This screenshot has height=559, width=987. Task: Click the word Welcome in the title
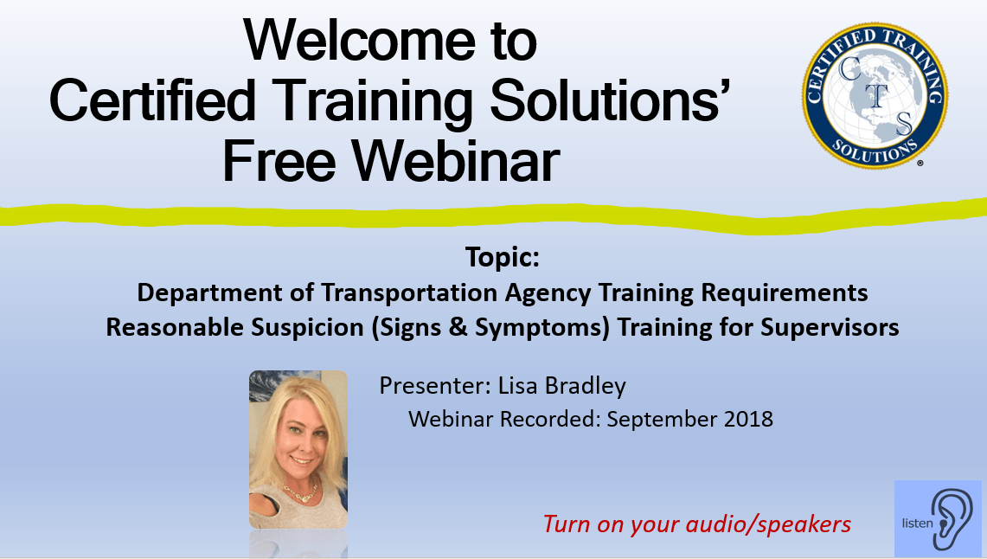[360, 41]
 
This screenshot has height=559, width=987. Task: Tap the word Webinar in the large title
[455, 161]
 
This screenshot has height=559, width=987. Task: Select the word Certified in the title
[152, 100]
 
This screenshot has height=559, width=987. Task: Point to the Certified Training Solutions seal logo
[875, 96]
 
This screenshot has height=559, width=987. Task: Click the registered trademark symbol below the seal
[920, 163]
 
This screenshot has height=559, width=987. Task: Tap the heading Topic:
[503, 257]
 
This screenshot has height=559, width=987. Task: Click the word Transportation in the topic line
[410, 292]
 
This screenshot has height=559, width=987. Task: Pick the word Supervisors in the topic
[830, 327]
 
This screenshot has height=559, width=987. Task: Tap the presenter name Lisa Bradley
[562, 385]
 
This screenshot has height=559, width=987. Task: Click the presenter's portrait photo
[298, 449]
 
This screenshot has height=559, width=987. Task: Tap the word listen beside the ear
[917, 524]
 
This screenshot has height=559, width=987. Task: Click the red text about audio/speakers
[697, 524]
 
